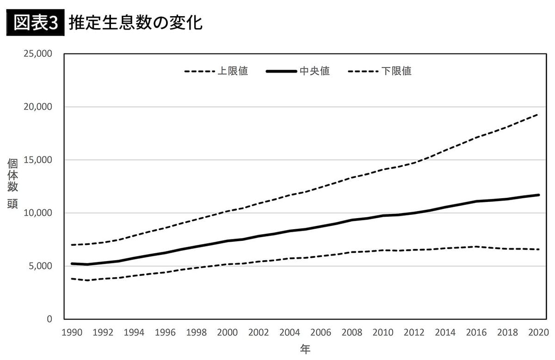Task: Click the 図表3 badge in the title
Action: pos(33,23)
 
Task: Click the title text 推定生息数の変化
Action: pos(136,23)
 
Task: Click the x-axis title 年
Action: pos(305,349)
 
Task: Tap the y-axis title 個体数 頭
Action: pos(12,183)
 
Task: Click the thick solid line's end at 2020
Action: pos(538,195)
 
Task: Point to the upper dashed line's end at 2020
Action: pos(538,114)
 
